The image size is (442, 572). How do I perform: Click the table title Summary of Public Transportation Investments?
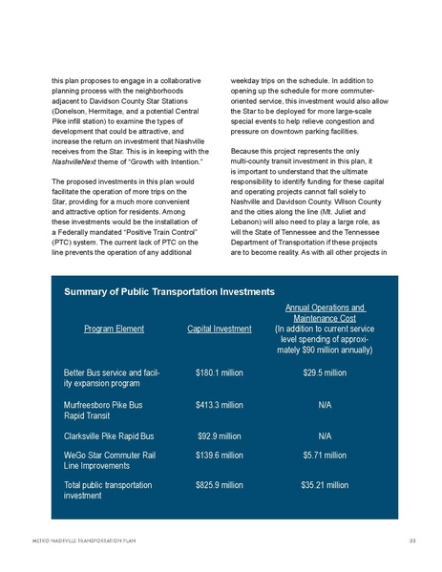pyautogui.click(x=169, y=289)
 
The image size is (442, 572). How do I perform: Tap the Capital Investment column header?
pyautogui.click(x=220, y=329)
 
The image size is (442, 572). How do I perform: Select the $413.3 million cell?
pyautogui.click(x=219, y=405)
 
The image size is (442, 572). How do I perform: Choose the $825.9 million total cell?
pyautogui.click(x=219, y=486)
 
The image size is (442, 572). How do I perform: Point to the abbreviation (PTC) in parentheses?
pyautogui.click(x=64, y=243)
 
